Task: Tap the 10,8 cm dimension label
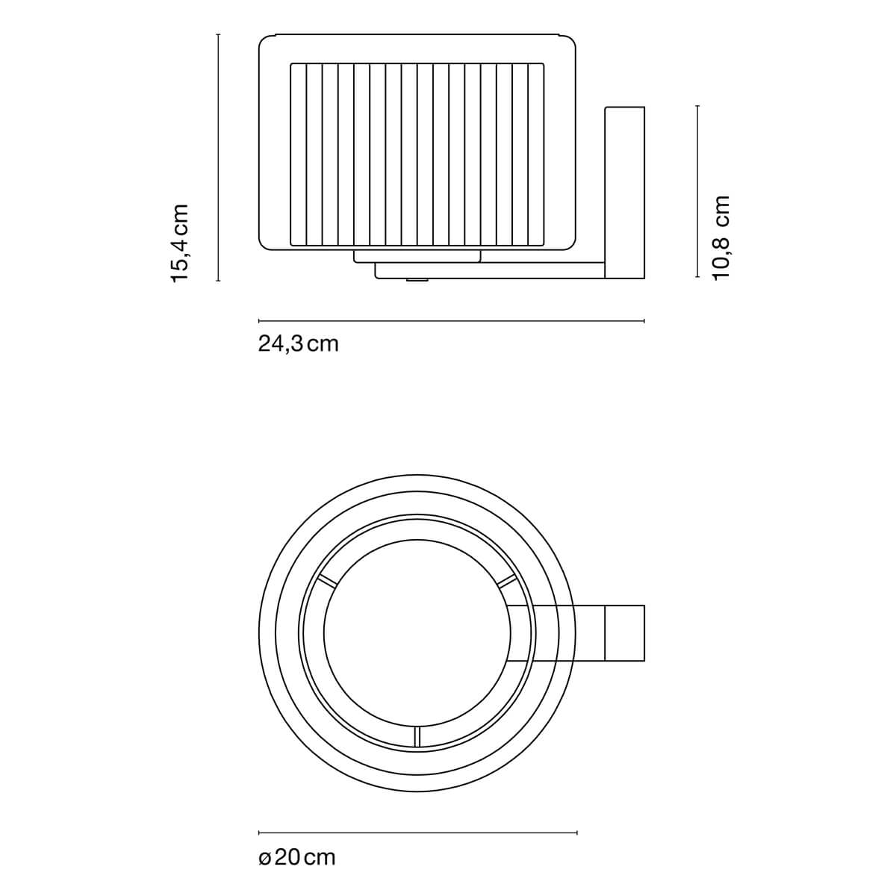click(x=721, y=237)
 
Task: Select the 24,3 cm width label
click(x=298, y=344)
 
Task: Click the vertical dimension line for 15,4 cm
click(x=218, y=158)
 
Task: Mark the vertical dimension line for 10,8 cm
click(x=697, y=192)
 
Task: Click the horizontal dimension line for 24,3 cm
click(x=452, y=321)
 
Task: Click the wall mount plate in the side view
click(x=624, y=193)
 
